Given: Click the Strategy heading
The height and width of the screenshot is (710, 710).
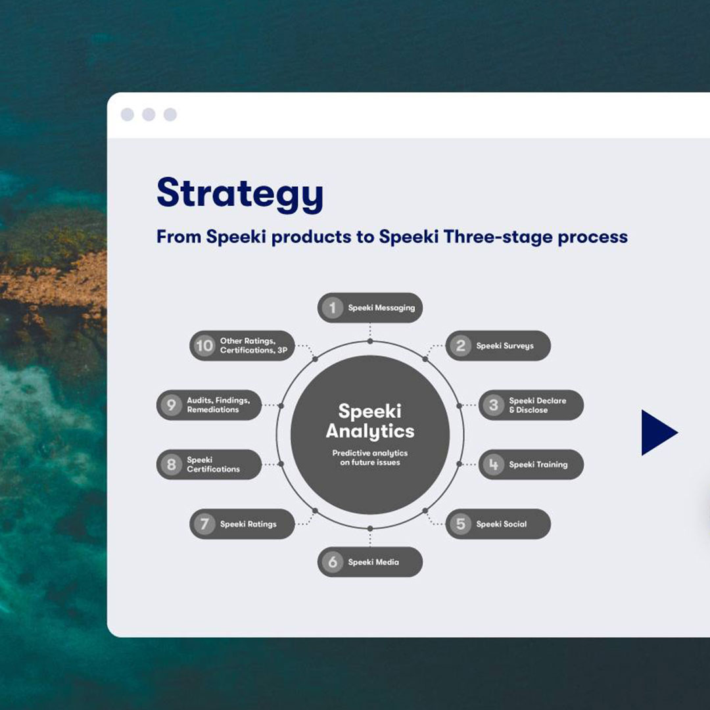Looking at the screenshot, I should point(240,193).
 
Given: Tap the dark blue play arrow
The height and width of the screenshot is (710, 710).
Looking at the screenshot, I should point(658,433).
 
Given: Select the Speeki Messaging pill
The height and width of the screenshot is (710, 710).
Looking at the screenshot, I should point(370,308).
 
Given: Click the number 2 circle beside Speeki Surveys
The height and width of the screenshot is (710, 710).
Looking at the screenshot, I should point(461,346).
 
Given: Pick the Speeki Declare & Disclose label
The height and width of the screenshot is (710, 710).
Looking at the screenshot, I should point(537,405).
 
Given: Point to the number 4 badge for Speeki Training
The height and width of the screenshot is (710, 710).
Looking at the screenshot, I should point(494,465).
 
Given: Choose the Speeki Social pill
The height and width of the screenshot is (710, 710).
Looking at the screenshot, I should point(498,524).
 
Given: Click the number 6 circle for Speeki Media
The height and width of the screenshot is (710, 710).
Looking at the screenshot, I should point(333,562).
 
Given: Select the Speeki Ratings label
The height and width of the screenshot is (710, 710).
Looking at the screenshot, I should point(248,524).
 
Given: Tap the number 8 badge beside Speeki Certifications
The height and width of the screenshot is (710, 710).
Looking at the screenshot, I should point(172,465).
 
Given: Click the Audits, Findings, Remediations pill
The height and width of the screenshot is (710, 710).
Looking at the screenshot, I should point(209,405).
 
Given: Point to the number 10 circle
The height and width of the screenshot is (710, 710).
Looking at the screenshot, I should point(204,346).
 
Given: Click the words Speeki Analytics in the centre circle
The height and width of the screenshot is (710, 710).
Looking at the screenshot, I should point(370,421).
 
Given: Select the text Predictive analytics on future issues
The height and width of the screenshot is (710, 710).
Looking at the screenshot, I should point(370,458).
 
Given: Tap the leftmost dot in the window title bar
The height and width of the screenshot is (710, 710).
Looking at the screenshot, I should point(128,115).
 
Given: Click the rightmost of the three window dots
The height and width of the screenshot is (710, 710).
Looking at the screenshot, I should point(170,115).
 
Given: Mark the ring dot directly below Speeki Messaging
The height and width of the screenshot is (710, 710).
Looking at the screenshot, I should point(370,341).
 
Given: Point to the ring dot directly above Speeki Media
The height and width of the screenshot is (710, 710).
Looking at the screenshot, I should point(370,528).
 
